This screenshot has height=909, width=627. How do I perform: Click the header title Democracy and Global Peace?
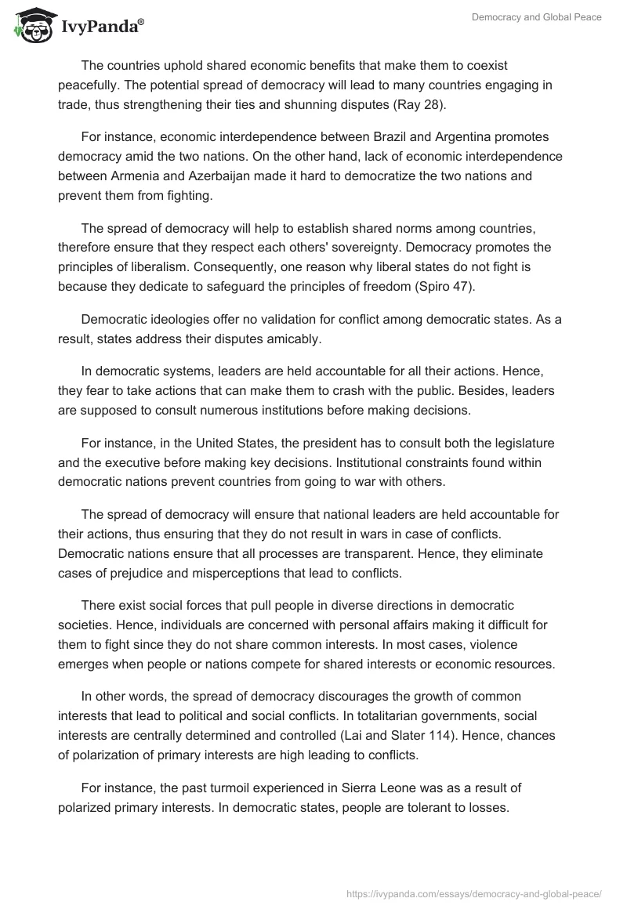[x=536, y=17]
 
